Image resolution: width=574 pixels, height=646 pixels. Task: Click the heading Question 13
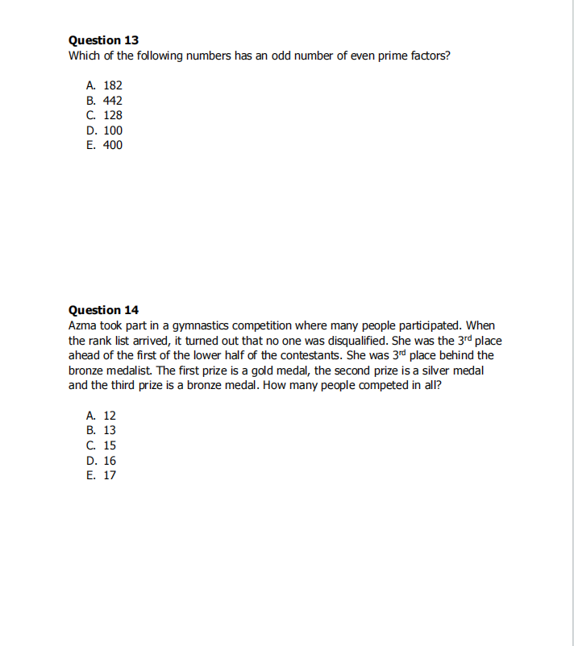pos(103,40)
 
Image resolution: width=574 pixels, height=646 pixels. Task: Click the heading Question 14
pos(103,310)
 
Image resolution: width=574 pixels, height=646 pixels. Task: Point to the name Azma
pos(84,325)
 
